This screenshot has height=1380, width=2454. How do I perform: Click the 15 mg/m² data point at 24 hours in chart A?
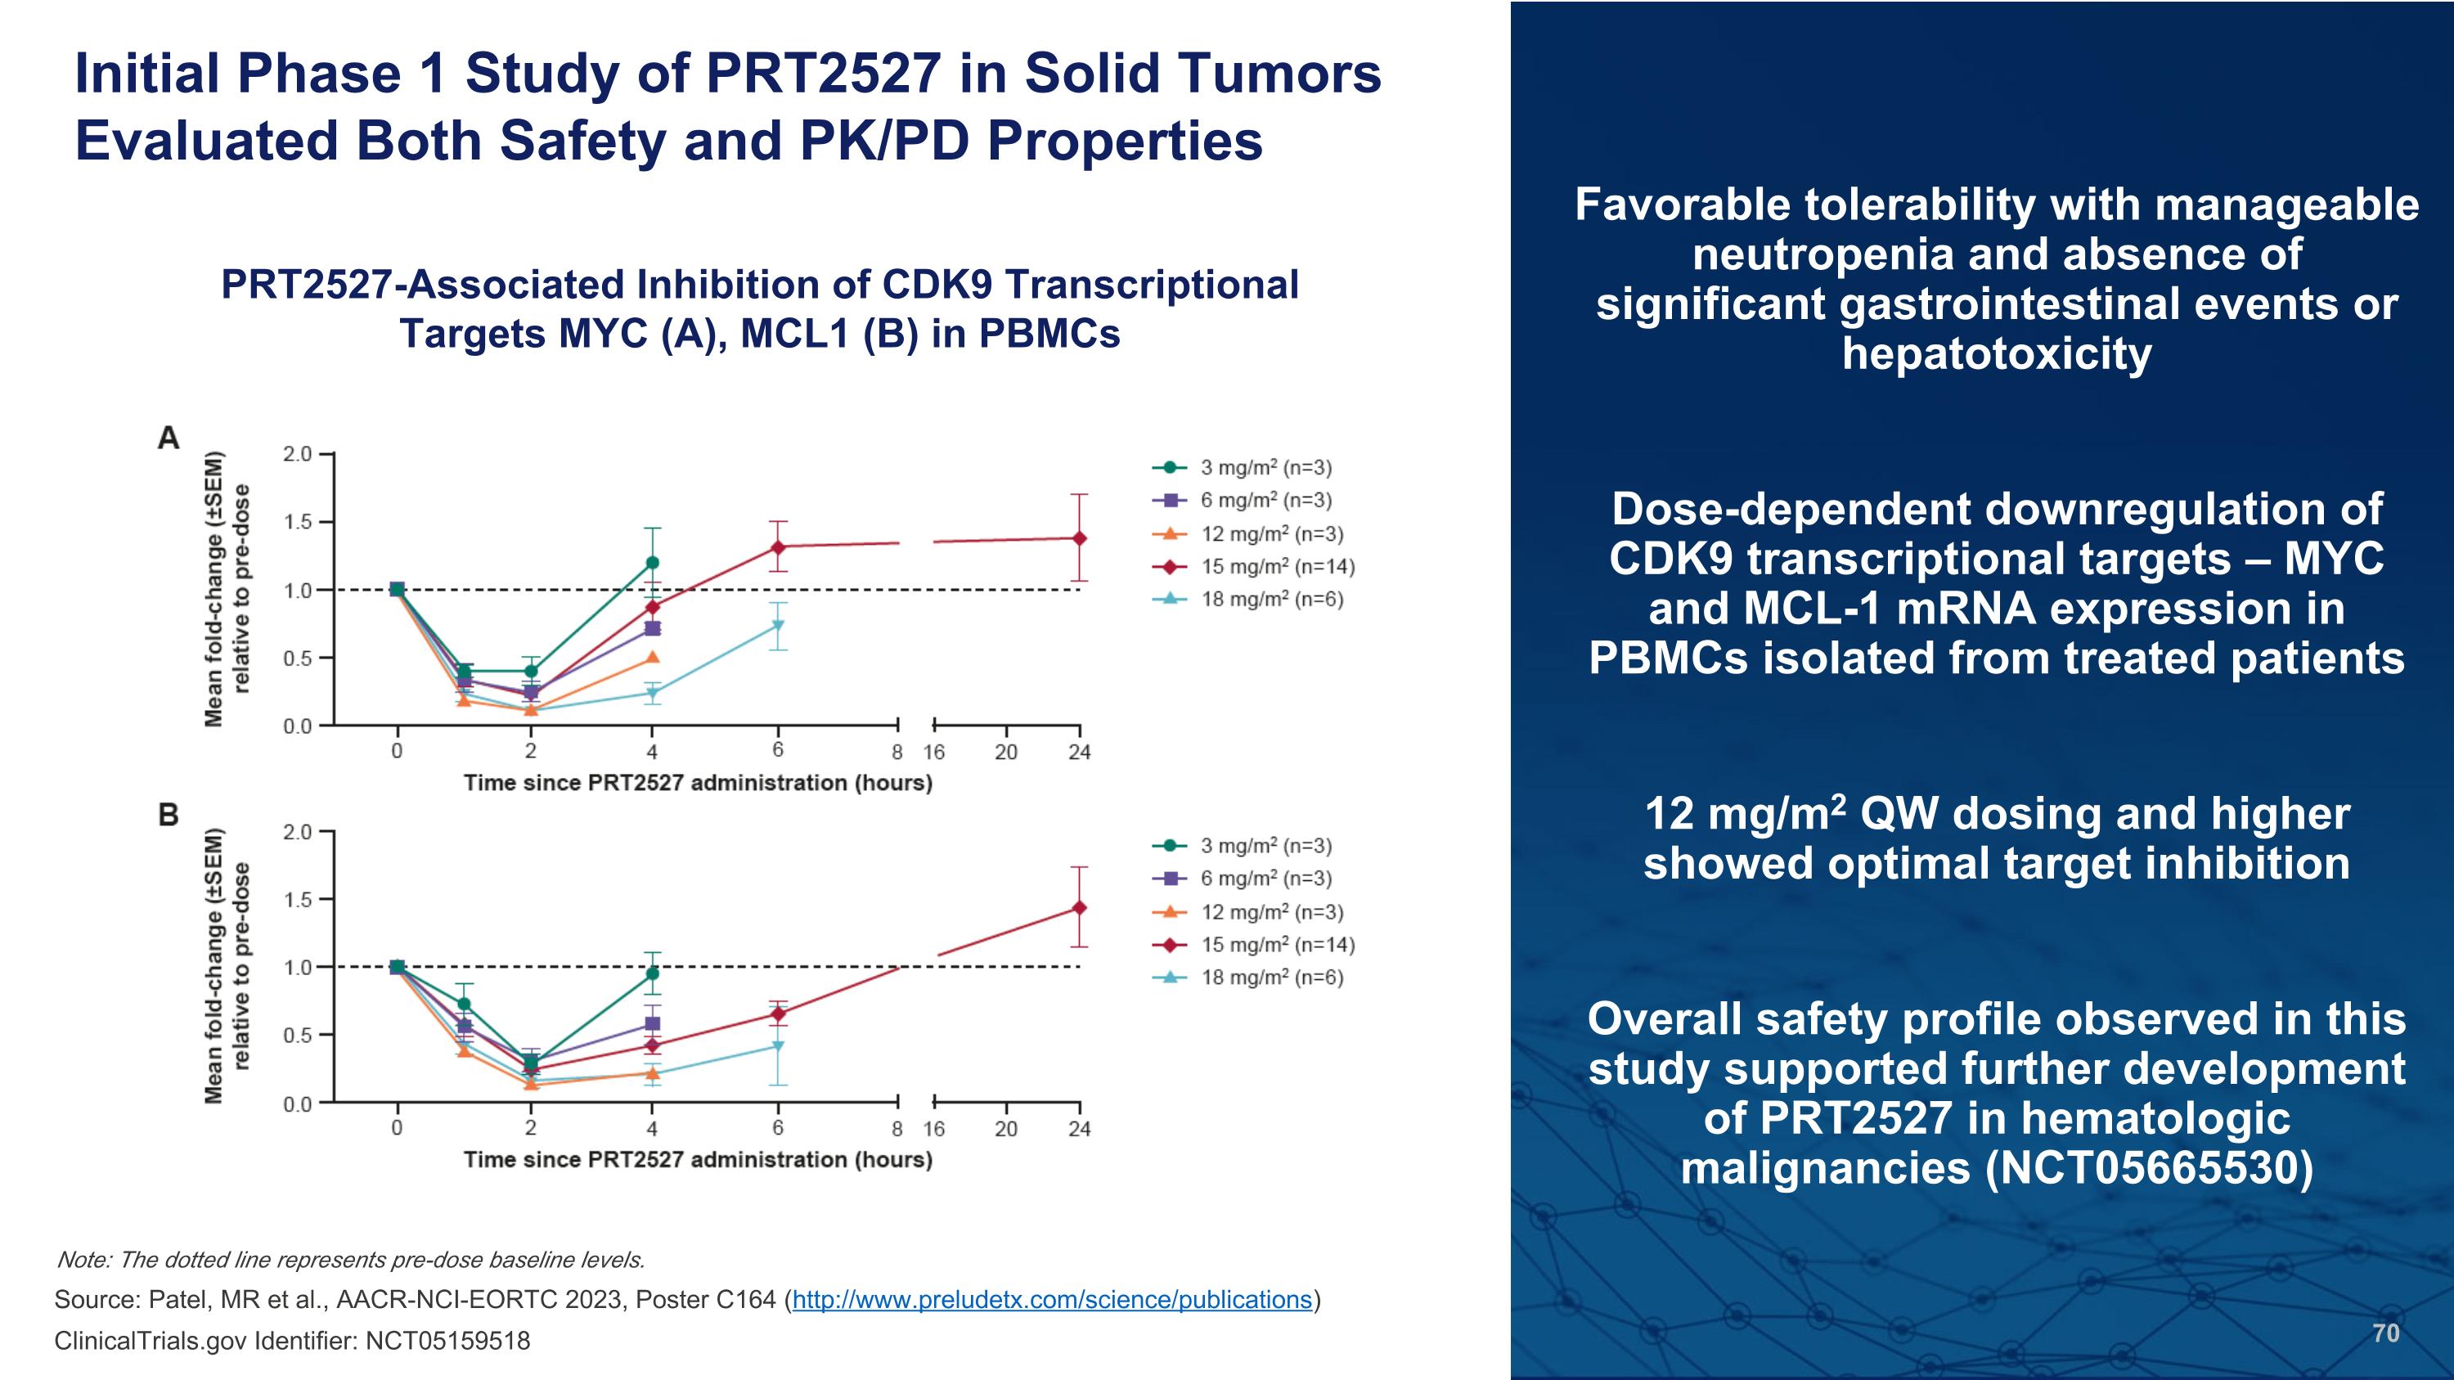coord(1079,538)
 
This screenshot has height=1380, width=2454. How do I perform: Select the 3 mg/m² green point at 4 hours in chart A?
coord(653,562)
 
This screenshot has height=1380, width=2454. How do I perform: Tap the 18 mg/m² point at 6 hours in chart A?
coord(778,626)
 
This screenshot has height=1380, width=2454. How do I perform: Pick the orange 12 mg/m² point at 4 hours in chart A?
coord(653,657)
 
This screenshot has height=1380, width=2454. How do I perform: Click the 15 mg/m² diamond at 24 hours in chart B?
coord(1079,908)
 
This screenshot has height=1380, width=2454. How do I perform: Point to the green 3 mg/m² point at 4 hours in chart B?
coord(653,973)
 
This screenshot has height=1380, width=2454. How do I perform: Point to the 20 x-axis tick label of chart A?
coord(1006,753)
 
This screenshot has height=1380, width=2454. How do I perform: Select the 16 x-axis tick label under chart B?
coord(933,1130)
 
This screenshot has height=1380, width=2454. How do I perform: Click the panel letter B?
coord(169,816)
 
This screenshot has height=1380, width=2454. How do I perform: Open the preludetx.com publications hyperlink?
coord(1052,1300)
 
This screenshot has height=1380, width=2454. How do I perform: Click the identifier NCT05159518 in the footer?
coord(447,1341)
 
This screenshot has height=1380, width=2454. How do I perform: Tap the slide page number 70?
coord(2385,1333)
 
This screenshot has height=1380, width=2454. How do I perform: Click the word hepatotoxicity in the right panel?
coord(1997,353)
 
